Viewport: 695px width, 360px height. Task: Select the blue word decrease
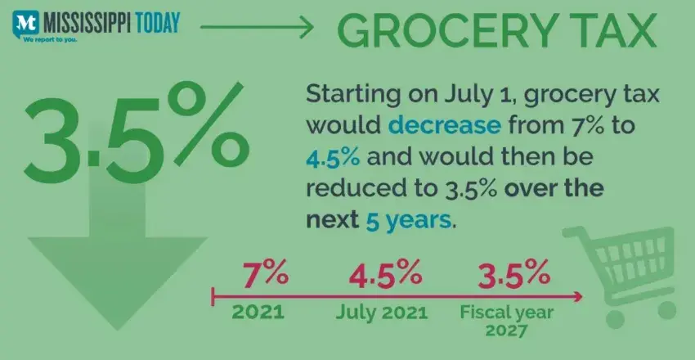click(437, 125)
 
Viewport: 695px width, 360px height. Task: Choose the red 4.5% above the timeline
click(384, 273)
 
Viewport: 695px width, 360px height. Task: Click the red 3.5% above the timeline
click(504, 273)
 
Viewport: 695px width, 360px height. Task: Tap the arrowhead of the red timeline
click(579, 295)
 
